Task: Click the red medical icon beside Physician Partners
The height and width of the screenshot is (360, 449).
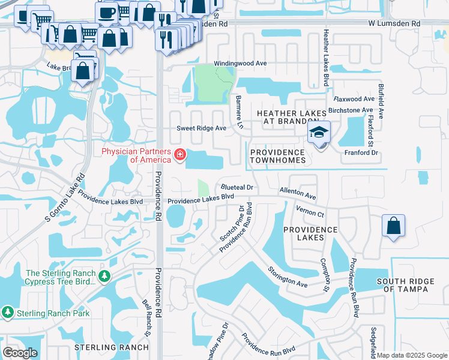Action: pyautogui.click(x=179, y=155)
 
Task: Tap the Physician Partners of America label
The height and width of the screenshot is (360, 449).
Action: pyautogui.click(x=136, y=155)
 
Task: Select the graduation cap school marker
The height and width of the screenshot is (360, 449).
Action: pyautogui.click(x=319, y=133)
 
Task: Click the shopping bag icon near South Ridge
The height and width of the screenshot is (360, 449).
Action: pyautogui.click(x=393, y=226)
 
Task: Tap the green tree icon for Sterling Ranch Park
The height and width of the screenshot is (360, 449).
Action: pyautogui.click(x=8, y=313)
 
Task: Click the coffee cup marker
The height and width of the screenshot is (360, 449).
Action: pyautogui.click(x=107, y=12)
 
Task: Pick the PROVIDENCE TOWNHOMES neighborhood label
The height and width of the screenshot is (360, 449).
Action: pyautogui.click(x=279, y=156)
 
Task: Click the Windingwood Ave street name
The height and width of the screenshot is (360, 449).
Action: pyautogui.click(x=240, y=64)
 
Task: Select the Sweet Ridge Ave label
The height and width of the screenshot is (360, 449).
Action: pyautogui.click(x=201, y=128)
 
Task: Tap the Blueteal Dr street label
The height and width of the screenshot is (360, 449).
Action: pyautogui.click(x=238, y=188)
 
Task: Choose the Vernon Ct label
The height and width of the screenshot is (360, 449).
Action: pyautogui.click(x=310, y=211)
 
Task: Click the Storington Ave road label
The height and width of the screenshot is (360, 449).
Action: pyautogui.click(x=288, y=277)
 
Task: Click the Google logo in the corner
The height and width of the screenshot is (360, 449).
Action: pyautogui.click(x=20, y=353)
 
